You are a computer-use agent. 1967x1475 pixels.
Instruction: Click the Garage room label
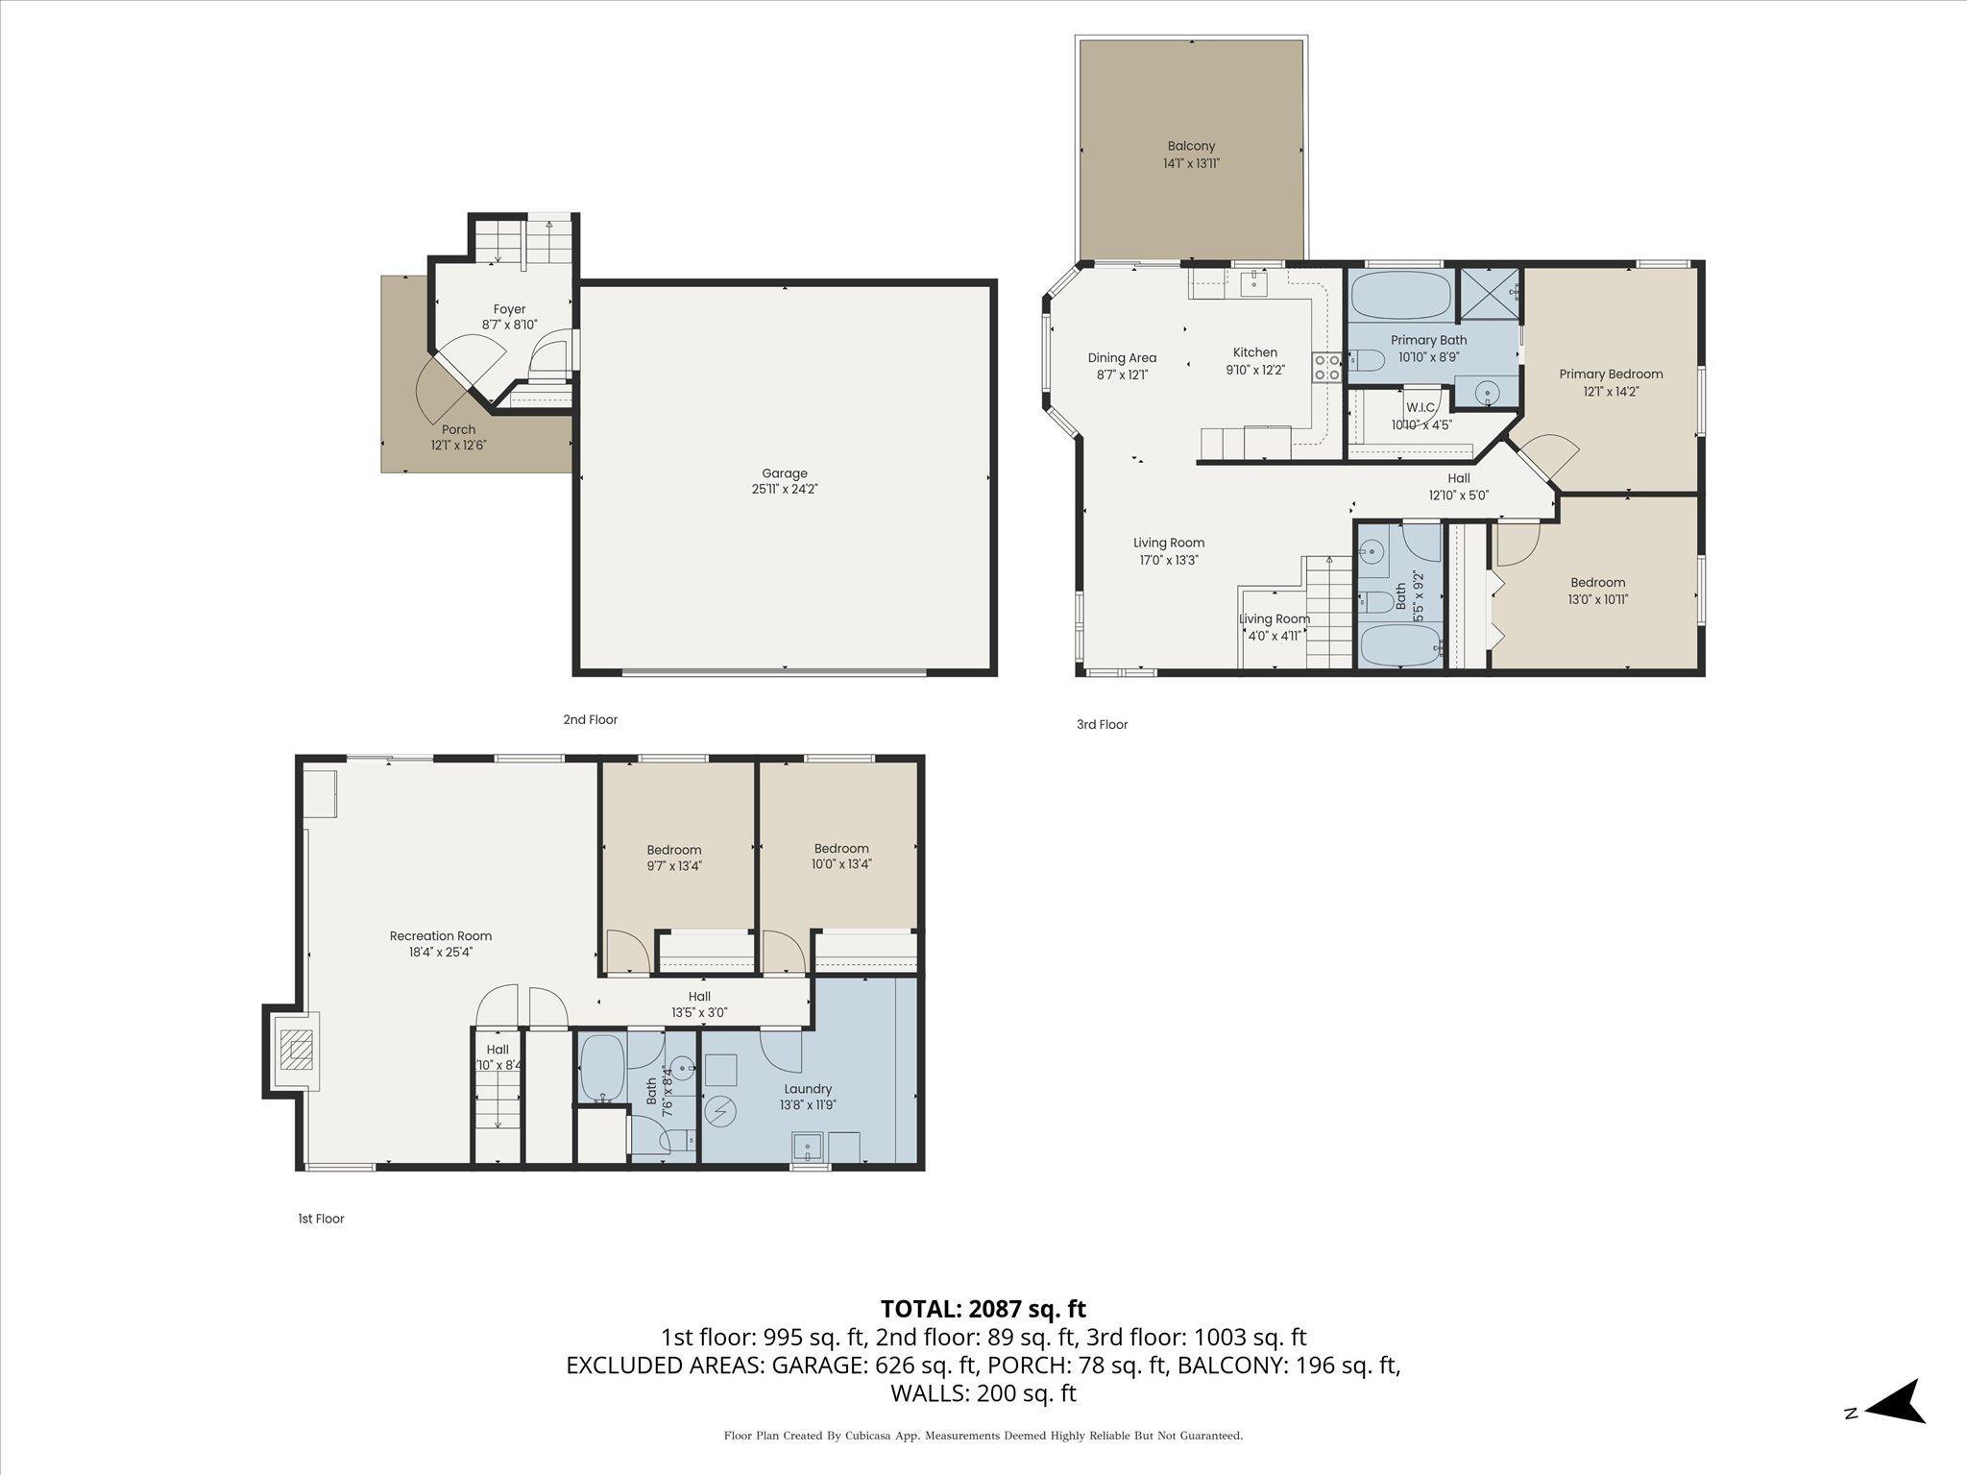pyautogui.click(x=784, y=473)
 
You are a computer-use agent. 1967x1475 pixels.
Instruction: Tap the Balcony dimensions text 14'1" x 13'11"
pyautogui.click(x=1191, y=164)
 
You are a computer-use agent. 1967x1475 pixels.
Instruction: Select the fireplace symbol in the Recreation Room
pyautogui.click(x=295, y=1051)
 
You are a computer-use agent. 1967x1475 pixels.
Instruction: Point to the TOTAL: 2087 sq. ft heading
pyautogui.click(x=983, y=1309)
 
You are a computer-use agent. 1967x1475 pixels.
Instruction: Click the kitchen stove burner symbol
pyautogui.click(x=1327, y=367)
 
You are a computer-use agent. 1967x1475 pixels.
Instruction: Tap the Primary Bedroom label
pyautogui.click(x=1611, y=375)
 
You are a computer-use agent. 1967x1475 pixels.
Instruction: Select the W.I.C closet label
pyautogui.click(x=1420, y=407)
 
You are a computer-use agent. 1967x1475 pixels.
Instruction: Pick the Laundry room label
pyautogui.click(x=808, y=1089)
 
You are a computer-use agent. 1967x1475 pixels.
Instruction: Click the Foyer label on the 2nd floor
pyautogui.click(x=509, y=309)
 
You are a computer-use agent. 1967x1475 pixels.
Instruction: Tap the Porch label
pyautogui.click(x=458, y=430)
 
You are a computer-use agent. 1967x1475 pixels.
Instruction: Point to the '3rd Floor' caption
pyautogui.click(x=1102, y=725)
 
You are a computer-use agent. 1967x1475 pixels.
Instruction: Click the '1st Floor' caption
pyautogui.click(x=321, y=1219)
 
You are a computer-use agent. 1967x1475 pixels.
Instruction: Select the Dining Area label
pyautogui.click(x=1122, y=358)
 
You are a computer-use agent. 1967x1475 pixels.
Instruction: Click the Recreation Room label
pyautogui.click(x=440, y=936)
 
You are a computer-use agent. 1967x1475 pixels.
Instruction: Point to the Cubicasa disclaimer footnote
pyautogui.click(x=983, y=1436)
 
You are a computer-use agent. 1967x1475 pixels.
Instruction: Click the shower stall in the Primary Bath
pyautogui.click(x=1490, y=295)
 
